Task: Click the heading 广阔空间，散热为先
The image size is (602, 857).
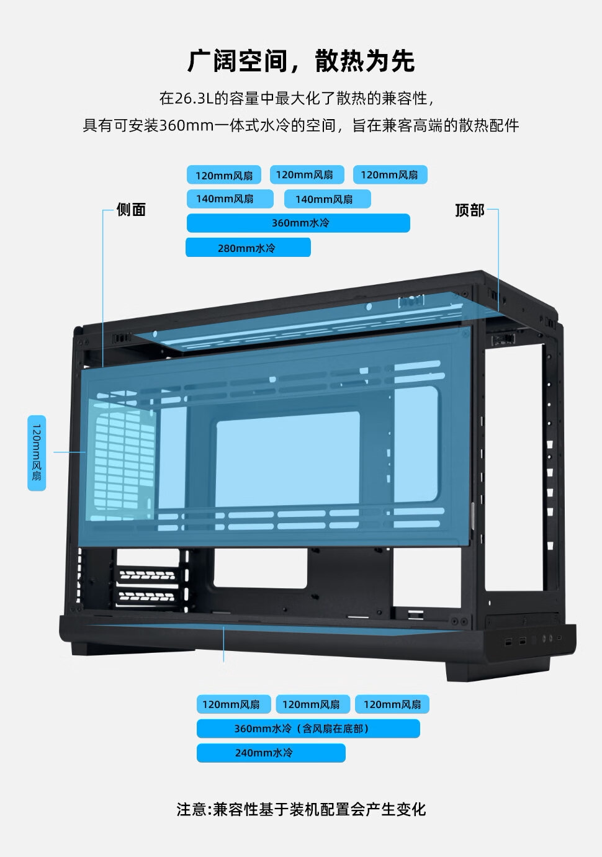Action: [x=301, y=61]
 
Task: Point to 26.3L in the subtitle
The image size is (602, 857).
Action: [x=194, y=99]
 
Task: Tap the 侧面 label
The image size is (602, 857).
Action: [x=131, y=210]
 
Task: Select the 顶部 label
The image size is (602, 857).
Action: [x=469, y=210]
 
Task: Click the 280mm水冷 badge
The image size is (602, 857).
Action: [x=248, y=248]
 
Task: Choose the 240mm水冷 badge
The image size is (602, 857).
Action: [x=271, y=753]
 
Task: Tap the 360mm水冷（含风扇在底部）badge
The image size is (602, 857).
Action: [x=308, y=729]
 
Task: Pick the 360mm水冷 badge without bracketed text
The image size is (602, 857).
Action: [x=298, y=223]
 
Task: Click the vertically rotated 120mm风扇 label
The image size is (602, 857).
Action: [x=37, y=453]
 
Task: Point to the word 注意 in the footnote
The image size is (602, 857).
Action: [x=191, y=810]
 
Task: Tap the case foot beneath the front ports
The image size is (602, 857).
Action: [x=496, y=670]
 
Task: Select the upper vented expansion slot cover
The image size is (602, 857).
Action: [x=147, y=575]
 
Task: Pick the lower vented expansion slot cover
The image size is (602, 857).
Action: [x=146, y=597]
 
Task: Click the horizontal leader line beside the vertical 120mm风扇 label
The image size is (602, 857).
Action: [x=69, y=452]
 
